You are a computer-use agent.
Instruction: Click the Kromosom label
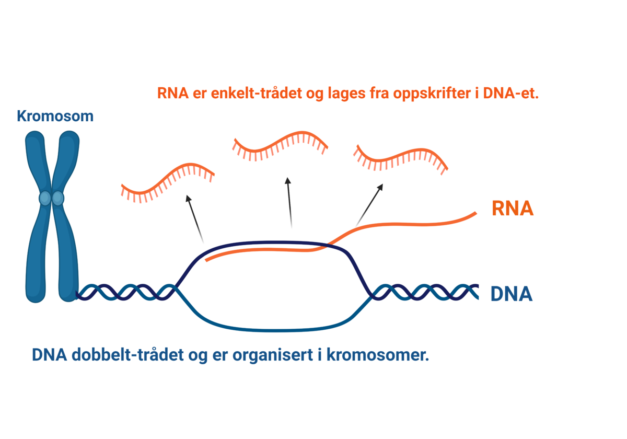(55, 116)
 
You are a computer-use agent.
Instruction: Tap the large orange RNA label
(512, 209)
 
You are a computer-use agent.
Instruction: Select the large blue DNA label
(511, 294)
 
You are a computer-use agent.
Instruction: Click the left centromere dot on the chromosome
(45, 198)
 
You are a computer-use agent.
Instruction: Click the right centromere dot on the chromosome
(58, 198)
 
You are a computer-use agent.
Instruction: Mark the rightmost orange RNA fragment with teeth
(401, 157)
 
